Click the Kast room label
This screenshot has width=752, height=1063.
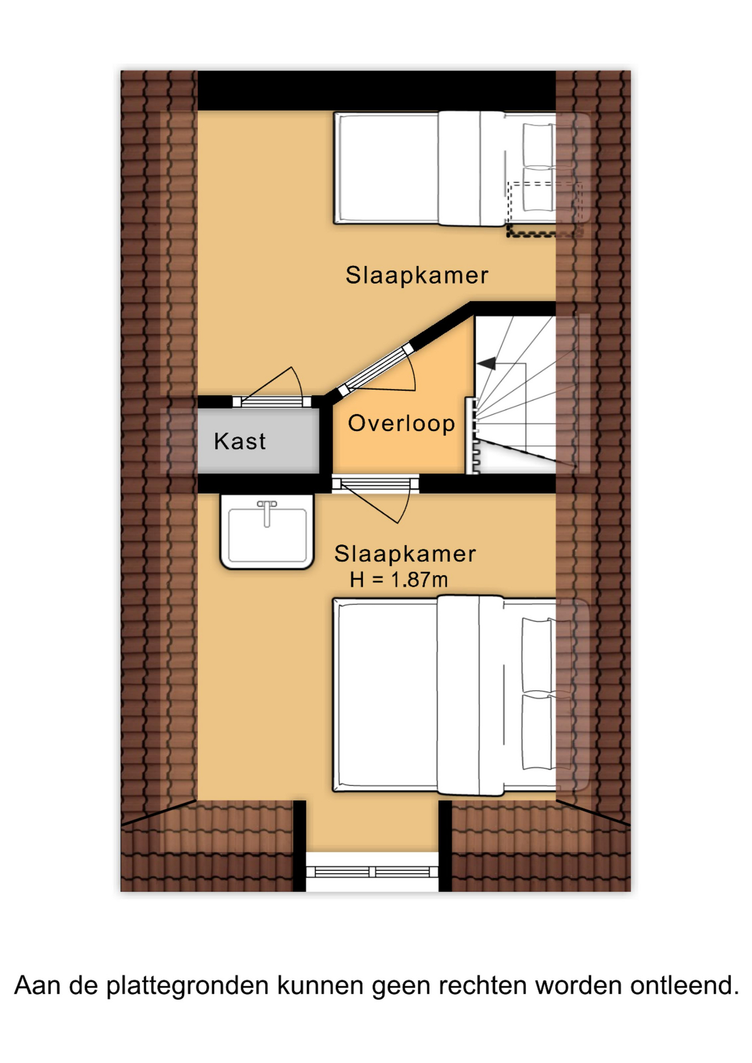[x=240, y=441]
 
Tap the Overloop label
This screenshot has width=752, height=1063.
[x=401, y=424]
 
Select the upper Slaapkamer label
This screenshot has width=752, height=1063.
[x=417, y=275]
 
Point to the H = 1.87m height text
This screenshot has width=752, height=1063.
[x=399, y=580]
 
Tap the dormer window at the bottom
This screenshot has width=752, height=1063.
[x=372, y=872]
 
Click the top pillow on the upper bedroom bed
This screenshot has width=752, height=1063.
[x=538, y=145]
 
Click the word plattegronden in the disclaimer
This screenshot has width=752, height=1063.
[x=187, y=985]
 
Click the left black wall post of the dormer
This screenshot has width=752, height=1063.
[x=300, y=846]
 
